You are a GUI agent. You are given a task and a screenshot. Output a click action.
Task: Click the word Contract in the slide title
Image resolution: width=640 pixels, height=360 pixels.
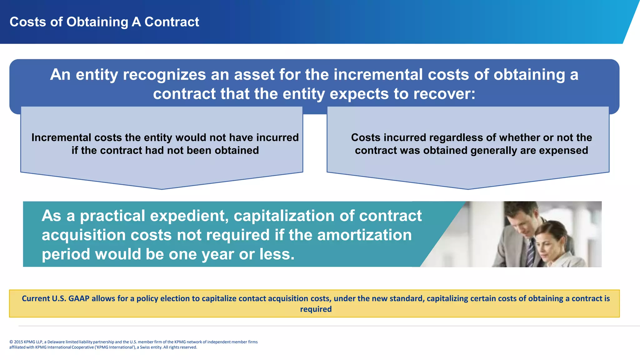pos(172,22)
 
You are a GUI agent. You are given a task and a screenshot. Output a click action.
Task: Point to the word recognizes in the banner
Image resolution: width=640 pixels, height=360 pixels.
pos(164,75)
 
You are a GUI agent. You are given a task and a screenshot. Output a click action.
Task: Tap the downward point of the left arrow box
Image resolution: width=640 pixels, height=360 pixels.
pos(162,188)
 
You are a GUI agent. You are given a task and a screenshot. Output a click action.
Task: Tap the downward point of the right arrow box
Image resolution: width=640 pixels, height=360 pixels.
pos(468,188)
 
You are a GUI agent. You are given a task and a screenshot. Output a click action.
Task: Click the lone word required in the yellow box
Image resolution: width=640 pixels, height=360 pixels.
pos(316,309)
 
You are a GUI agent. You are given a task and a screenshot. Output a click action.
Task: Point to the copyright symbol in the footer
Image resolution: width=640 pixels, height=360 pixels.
pos(11,342)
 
